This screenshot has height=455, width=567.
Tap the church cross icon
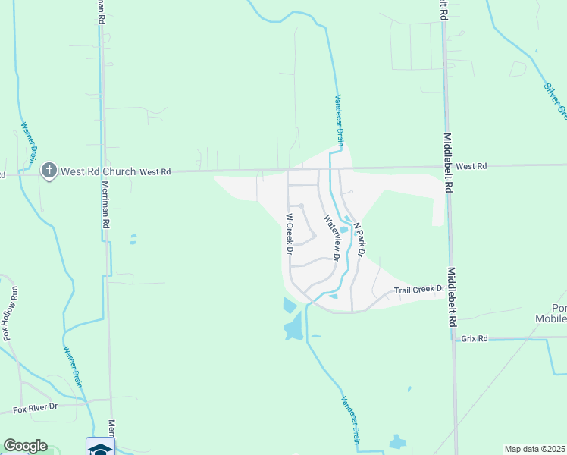[49, 171]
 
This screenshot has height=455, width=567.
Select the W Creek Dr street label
[289, 233]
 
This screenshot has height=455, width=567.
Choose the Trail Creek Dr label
[418, 290]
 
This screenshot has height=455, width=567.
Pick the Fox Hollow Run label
[9, 312]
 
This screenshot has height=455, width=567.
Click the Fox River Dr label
[35, 408]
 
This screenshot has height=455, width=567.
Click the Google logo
[25, 446]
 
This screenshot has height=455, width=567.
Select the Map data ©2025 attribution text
[535, 449]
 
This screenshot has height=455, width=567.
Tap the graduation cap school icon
[100, 447]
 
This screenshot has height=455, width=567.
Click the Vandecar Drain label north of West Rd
[340, 119]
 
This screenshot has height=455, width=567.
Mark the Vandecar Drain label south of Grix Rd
[349, 419]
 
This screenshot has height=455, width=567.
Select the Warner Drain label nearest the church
[29, 145]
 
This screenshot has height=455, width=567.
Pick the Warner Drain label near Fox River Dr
[73, 367]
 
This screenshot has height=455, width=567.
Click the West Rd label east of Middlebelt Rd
[471, 166]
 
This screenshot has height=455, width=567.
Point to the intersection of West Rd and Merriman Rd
[102, 171]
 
